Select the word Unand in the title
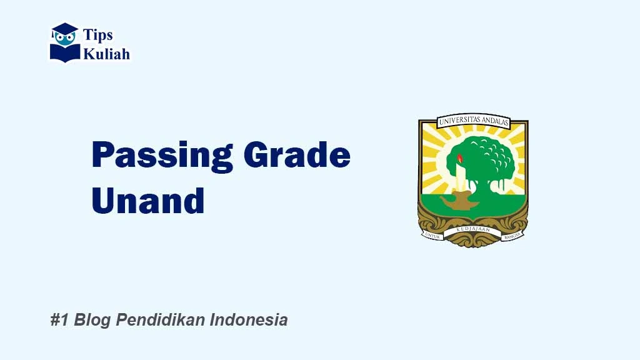click(x=148, y=201)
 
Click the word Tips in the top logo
click(x=98, y=36)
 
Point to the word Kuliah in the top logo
click(x=107, y=54)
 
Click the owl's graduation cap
click(x=65, y=28)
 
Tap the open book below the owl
click(x=65, y=53)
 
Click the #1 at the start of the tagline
click(x=59, y=320)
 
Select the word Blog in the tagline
click(x=91, y=320)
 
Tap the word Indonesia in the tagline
click(x=249, y=320)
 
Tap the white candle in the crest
click(x=462, y=177)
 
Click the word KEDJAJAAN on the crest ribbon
click(x=473, y=231)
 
